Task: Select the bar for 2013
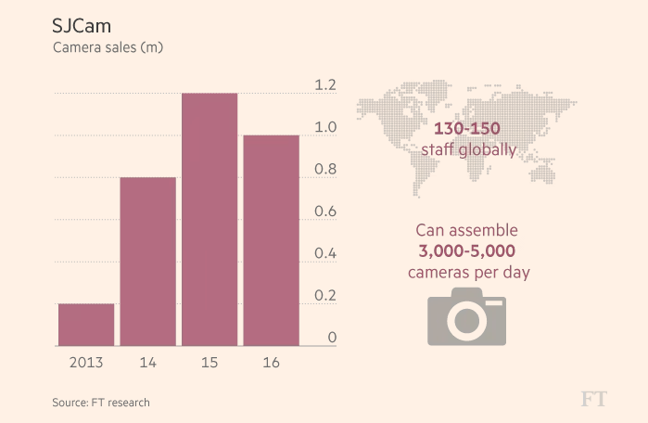(86, 325)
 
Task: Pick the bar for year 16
(271, 241)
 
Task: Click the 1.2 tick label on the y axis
(324, 85)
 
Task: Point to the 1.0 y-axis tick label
(324, 127)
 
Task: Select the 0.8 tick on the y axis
(324, 170)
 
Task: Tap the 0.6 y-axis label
(324, 211)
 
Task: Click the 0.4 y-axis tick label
(324, 254)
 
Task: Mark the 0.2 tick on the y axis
(324, 296)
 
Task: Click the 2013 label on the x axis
(86, 363)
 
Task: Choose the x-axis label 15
(210, 363)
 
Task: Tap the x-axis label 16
(271, 363)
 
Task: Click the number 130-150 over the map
(467, 129)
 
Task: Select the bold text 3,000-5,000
(467, 250)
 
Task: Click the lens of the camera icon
(467, 319)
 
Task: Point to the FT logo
(593, 399)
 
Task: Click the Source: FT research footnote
(100, 403)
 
